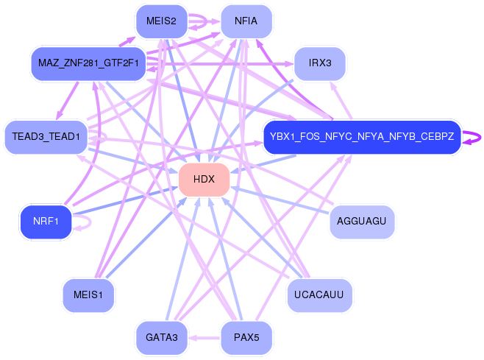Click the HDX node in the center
[x=204, y=179]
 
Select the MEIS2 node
[x=161, y=21]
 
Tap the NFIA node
[x=246, y=21]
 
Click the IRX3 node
[x=320, y=63]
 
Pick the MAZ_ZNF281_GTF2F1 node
[x=88, y=63]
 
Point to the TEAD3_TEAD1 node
[x=46, y=137]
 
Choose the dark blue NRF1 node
[x=46, y=222]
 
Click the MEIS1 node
[x=88, y=294]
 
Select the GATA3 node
[x=161, y=337]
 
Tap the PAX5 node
[x=246, y=337]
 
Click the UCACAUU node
[x=319, y=294]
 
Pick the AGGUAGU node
[x=361, y=222]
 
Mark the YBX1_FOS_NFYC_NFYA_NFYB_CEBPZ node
[x=362, y=137]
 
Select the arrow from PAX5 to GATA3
[x=204, y=338]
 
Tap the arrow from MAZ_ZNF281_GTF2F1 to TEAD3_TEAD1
[x=67, y=101]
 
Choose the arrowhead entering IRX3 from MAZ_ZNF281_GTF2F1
[x=289, y=64]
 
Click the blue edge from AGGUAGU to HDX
[x=280, y=200]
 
